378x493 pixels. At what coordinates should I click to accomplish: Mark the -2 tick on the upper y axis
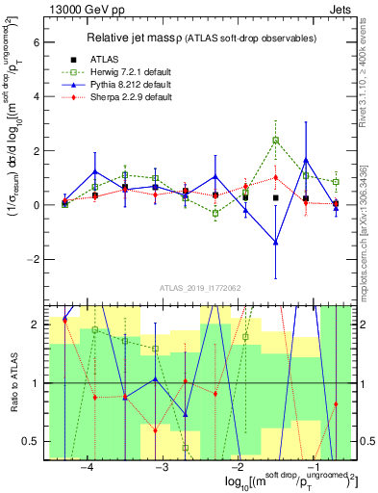pyautogui.click(x=34, y=260)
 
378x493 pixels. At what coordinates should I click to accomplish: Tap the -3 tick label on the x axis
pyautogui.click(x=162, y=465)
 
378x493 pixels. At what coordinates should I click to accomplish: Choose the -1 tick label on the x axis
pyautogui.click(x=312, y=465)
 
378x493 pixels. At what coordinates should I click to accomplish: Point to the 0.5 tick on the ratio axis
pyautogui.click(x=31, y=441)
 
